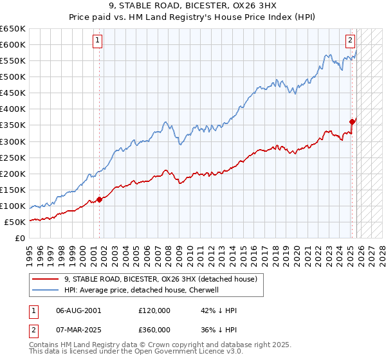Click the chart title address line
pos(193,6)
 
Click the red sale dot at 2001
pos(99,199)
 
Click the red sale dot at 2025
pos(352,122)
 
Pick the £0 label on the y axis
pos(19,239)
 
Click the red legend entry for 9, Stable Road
pos(161,279)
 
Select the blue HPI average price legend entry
pos(142,290)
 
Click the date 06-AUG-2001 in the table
pos(78,310)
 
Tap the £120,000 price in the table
pos(154,310)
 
